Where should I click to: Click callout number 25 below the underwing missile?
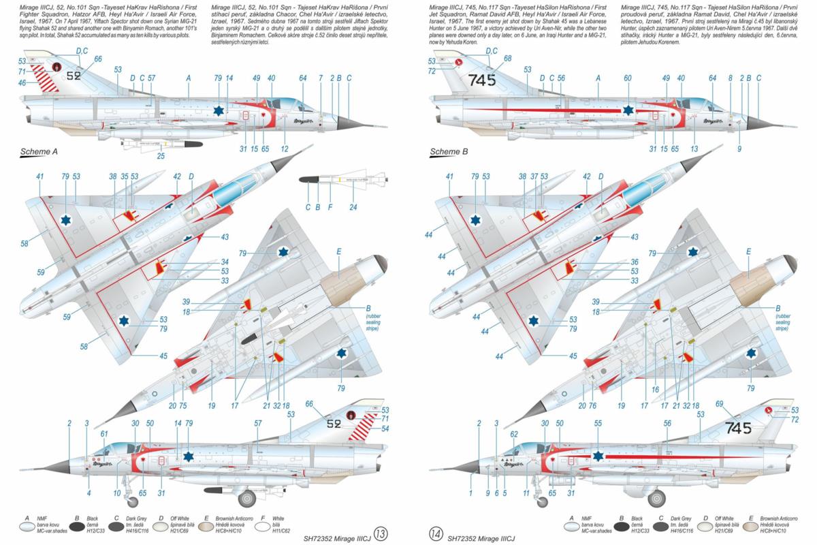tap(161, 156)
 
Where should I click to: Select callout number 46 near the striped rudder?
tap(22, 82)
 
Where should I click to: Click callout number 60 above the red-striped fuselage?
tap(628, 78)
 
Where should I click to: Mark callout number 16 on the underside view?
tap(655, 390)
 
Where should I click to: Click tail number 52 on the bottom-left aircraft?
tap(333, 424)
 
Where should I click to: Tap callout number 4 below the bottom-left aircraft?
tap(89, 493)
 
